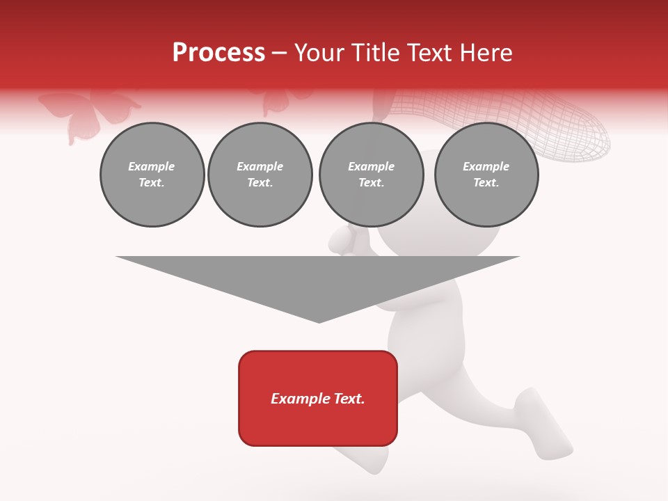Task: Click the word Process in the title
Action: (x=218, y=53)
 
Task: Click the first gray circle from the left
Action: (x=152, y=175)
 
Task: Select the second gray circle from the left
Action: (x=260, y=175)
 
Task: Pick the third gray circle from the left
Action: (x=371, y=175)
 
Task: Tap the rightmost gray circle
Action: (x=486, y=175)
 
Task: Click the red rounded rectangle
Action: (x=318, y=398)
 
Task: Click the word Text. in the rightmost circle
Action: (x=486, y=183)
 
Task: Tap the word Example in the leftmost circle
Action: (x=152, y=167)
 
